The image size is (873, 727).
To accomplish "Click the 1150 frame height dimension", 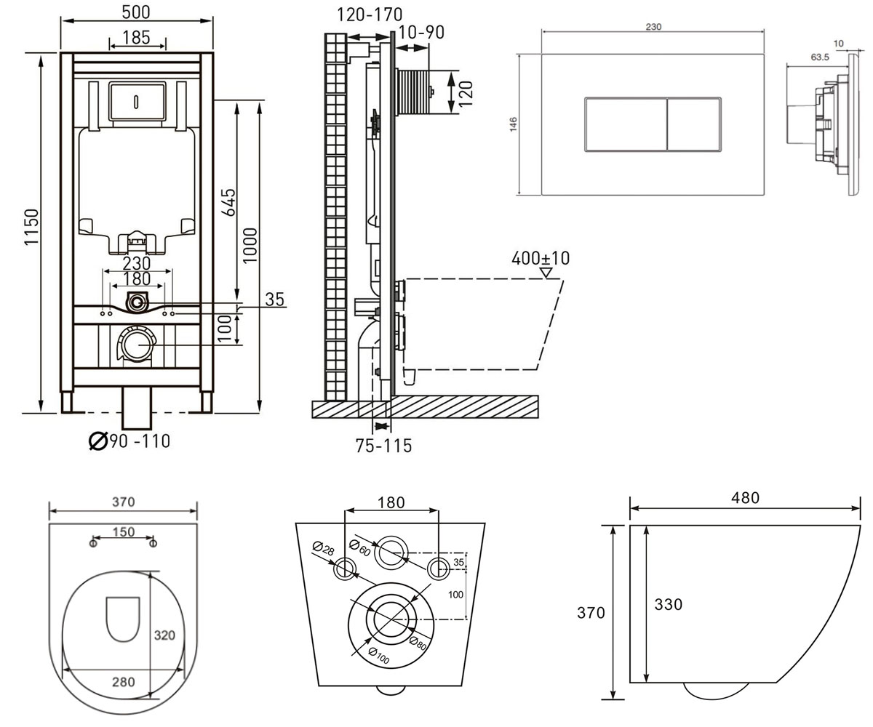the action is coord(31,227).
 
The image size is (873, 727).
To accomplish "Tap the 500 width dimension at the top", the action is coord(136,12).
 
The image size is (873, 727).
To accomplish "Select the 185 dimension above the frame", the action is coord(136,38).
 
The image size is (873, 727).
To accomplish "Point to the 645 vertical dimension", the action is coord(228,202).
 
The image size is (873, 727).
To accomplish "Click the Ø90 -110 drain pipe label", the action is coord(129,441).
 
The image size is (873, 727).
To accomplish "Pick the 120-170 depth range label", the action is coord(370,15).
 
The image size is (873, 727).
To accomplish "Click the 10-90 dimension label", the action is coord(420,33).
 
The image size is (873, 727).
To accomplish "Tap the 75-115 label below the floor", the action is coord(383,446).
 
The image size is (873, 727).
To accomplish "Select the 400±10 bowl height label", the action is coord(541,258).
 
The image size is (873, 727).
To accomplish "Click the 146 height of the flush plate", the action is coord(514,124).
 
